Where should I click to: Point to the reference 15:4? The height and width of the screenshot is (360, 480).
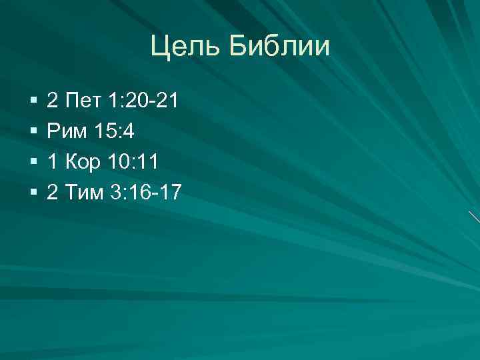pos(115,132)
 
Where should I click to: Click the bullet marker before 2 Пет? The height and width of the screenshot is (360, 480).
pos(33,102)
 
